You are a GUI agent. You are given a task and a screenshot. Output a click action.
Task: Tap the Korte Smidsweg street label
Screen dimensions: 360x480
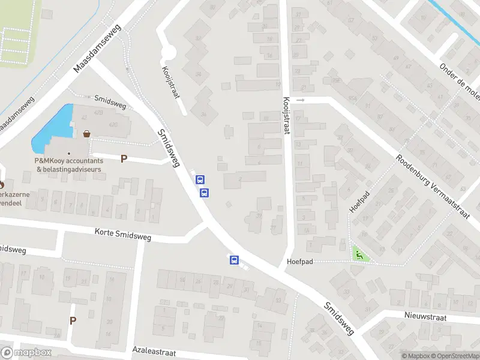pyautogui.click(x=123, y=234)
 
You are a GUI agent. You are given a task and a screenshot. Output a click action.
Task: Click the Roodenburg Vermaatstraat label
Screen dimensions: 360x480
pyautogui.click(x=432, y=186)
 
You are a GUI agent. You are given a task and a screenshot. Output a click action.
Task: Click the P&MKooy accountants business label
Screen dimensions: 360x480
pyautogui.click(x=68, y=165)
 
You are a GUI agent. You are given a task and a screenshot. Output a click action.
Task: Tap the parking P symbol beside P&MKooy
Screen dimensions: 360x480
pyautogui.click(x=124, y=159)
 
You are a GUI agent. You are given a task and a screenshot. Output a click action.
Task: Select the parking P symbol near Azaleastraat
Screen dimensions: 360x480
pyautogui.click(x=73, y=320)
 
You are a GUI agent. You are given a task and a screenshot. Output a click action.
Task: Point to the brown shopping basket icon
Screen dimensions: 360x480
pyautogui.click(x=88, y=134)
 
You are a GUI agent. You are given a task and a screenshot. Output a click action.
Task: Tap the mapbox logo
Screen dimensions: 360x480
pyautogui.click(x=26, y=353)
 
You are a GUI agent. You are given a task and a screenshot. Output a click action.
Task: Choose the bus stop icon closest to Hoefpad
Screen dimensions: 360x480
pyautogui.click(x=234, y=260)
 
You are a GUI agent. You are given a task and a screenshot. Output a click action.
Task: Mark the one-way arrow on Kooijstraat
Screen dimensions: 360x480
pyautogui.click(x=301, y=100)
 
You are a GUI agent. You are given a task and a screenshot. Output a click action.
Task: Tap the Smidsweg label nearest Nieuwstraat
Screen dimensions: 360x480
pyautogui.click(x=340, y=317)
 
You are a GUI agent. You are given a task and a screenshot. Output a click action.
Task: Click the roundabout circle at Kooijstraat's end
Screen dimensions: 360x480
pyautogui.click(x=167, y=55)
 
